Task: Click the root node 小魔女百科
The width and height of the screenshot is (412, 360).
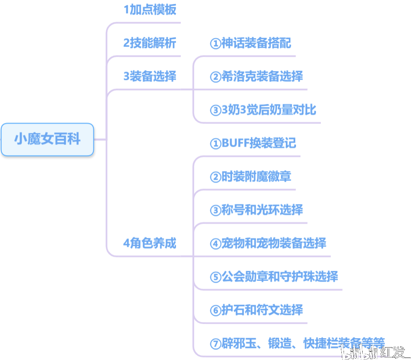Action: [x=47, y=140]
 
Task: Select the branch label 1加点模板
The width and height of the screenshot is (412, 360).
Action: [x=150, y=10]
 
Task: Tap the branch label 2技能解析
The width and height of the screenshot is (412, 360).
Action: [x=150, y=43]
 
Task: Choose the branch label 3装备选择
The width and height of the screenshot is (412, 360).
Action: [x=150, y=76]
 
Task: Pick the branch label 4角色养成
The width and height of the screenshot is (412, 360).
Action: [x=150, y=244]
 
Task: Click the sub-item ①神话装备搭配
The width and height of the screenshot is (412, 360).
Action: [x=251, y=43]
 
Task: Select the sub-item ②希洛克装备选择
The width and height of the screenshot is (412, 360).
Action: [x=256, y=76]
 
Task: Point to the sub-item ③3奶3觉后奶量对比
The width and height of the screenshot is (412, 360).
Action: [x=263, y=110]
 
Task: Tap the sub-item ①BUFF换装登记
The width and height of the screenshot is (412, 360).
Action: [x=252, y=143]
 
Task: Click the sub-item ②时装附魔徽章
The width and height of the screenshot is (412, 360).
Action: [x=251, y=176]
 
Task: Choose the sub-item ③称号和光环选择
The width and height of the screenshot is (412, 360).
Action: [x=256, y=210]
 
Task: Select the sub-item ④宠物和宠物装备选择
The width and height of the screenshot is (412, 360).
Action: [x=268, y=243]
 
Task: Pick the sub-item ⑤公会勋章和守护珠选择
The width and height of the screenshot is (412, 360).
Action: [x=274, y=276]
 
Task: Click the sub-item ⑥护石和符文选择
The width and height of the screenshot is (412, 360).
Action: [x=256, y=310]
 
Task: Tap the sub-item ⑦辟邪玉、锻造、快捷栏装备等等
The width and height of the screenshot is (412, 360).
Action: [x=297, y=343]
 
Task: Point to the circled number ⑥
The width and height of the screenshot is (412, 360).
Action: [x=215, y=310]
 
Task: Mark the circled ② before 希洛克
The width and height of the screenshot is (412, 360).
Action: [x=215, y=77]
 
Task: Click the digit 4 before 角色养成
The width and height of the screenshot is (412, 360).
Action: [x=126, y=244]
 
